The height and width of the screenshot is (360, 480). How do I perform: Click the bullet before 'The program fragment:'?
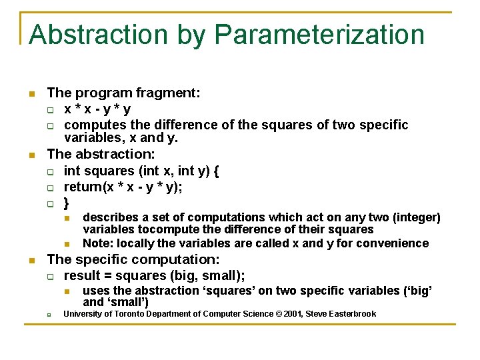tap(31, 94)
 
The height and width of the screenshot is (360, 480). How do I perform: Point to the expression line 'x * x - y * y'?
tap(97, 109)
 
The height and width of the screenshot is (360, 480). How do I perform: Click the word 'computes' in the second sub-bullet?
tap(92, 125)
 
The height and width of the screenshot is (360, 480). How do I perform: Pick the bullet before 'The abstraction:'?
tap(31, 155)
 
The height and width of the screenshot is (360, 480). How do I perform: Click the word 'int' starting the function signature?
tap(72, 171)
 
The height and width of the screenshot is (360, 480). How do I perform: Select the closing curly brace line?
tap(67, 203)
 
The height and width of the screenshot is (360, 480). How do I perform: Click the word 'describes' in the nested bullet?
tap(111, 217)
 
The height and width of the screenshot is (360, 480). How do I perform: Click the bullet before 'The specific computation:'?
tap(31, 260)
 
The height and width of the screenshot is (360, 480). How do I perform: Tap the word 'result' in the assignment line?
tap(81, 276)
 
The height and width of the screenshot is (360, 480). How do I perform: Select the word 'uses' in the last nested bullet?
tap(96, 291)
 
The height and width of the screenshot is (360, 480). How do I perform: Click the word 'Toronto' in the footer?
tap(127, 314)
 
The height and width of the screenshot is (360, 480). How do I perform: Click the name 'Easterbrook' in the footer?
tap(352, 314)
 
